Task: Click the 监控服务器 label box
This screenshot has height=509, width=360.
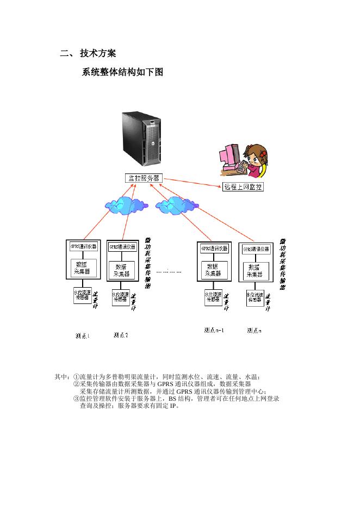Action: coord(143,178)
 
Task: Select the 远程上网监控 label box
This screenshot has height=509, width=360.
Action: coord(243,187)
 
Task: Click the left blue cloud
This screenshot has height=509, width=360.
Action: coord(126,205)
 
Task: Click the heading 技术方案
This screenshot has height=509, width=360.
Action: coord(97,53)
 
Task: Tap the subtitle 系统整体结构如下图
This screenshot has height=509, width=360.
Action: coord(122,72)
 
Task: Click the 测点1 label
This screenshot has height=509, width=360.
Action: coord(83,336)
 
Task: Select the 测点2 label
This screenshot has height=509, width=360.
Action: coord(121,335)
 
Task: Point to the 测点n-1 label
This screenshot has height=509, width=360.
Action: coord(214,330)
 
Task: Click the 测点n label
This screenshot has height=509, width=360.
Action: coord(254,330)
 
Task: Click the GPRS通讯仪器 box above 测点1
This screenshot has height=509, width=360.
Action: coord(83,246)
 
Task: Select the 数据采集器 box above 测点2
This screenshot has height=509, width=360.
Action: coord(121,270)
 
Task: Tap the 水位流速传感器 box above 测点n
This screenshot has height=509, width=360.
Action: coord(255,298)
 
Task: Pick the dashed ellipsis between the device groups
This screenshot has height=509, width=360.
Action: coord(169,271)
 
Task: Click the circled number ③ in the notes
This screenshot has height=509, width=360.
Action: coord(76,398)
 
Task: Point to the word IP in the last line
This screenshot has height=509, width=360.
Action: coord(173,405)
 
